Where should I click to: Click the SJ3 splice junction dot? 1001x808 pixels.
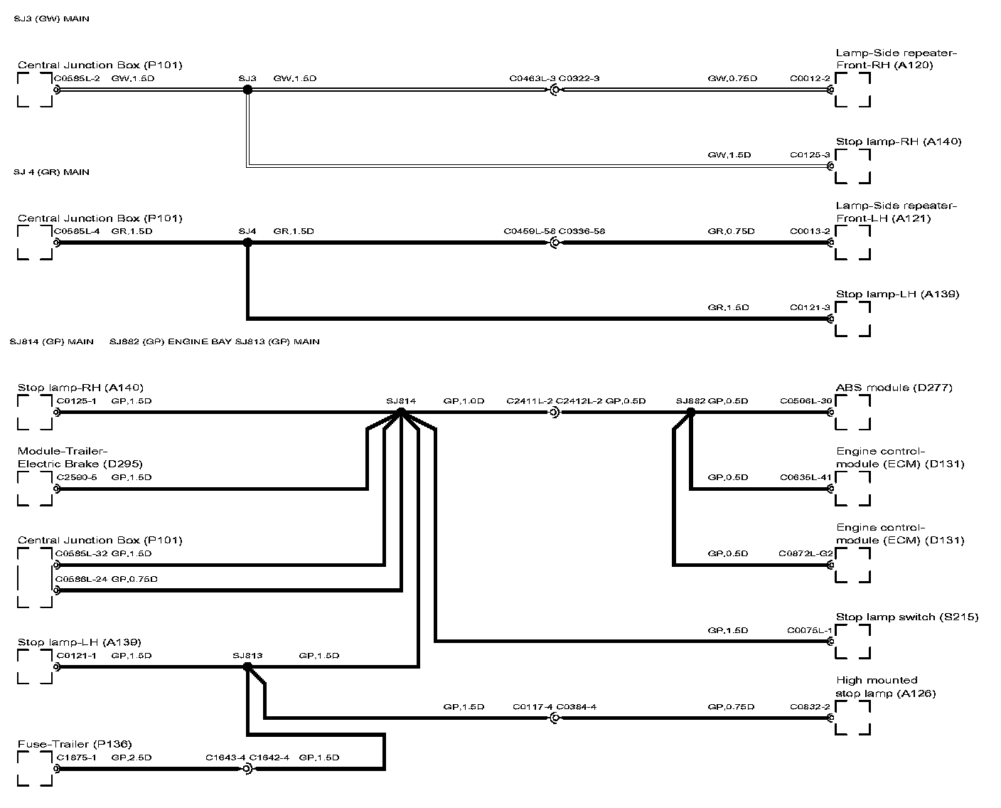tap(247, 90)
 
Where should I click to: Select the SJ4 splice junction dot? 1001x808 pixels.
tap(247, 243)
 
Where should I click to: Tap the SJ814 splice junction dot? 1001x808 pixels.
tap(401, 412)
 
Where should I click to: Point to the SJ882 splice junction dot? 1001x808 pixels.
tap(690, 412)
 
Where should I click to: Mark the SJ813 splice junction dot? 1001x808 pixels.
tap(247, 666)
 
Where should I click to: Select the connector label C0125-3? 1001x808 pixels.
tap(810, 154)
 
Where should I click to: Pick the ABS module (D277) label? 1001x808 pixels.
tap(894, 388)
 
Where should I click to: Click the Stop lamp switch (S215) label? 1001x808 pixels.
tap(907, 617)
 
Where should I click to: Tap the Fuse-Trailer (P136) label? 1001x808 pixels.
tap(75, 744)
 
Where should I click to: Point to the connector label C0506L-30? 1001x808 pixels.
tap(805, 401)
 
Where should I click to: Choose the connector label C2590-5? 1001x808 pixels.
tap(77, 477)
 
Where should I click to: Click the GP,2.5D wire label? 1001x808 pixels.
tap(132, 757)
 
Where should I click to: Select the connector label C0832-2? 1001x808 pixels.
tap(810, 707)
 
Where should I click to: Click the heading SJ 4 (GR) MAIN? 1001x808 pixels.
tap(51, 172)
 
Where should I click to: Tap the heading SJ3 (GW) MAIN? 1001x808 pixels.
tap(51, 19)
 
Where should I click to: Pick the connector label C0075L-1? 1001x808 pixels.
tap(809, 630)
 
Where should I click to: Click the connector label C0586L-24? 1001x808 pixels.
tap(80, 579)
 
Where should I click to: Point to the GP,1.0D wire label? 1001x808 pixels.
tap(464, 401)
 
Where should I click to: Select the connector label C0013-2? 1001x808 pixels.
tap(810, 231)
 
